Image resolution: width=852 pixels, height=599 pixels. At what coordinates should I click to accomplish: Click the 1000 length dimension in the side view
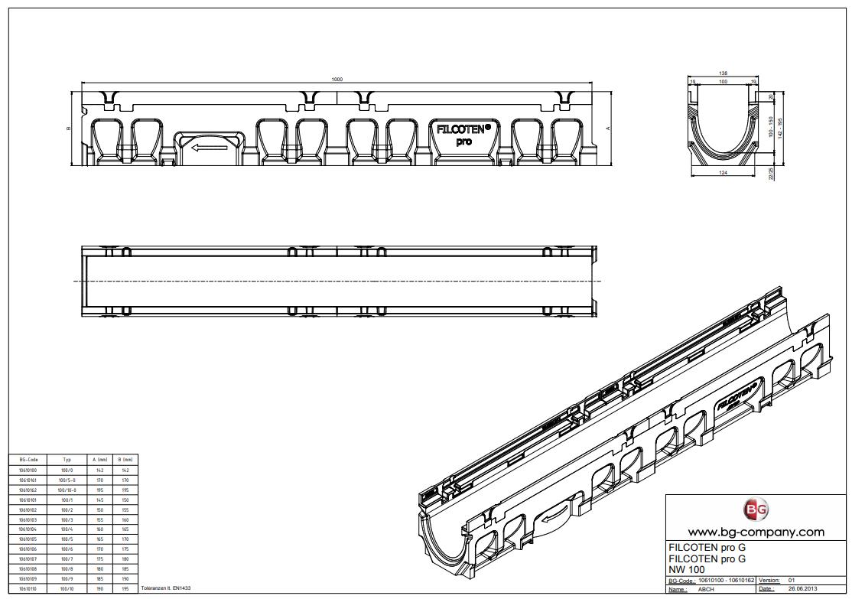click(x=337, y=80)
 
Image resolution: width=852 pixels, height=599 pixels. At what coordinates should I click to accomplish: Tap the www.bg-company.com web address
click(x=756, y=532)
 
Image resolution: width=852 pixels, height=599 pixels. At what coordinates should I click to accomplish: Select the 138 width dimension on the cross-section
click(x=724, y=73)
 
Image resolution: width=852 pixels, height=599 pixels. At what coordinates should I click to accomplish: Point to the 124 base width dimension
click(x=724, y=174)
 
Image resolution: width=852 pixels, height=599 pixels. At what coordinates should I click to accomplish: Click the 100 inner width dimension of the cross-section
click(x=724, y=81)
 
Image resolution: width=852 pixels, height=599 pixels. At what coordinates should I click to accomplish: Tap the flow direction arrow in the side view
click(x=205, y=147)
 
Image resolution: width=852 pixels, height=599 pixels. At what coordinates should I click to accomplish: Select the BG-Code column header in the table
click(x=28, y=460)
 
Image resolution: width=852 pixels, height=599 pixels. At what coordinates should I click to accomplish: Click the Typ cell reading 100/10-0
click(x=67, y=490)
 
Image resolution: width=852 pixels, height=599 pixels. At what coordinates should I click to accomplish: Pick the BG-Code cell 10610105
click(x=28, y=539)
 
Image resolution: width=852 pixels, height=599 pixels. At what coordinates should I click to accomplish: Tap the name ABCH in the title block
click(x=706, y=589)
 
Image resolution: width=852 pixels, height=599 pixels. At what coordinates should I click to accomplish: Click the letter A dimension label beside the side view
click(x=608, y=128)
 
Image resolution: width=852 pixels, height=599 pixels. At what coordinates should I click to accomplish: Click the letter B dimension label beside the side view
click(x=69, y=128)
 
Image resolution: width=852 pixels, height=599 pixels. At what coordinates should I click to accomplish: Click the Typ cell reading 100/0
click(x=67, y=470)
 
